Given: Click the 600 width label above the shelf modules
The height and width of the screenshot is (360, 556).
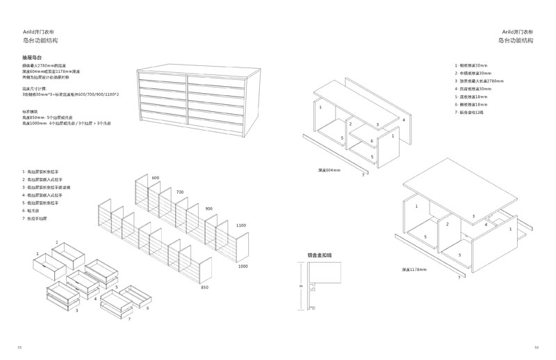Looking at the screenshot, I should click(155, 178).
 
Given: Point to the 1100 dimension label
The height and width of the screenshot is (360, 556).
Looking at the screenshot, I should click(241, 225).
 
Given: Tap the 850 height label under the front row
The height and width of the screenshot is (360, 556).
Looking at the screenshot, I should click(204, 286).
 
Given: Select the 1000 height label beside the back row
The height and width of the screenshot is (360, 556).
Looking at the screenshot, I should click(243, 267).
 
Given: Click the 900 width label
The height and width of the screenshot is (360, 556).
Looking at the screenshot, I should click(209, 207).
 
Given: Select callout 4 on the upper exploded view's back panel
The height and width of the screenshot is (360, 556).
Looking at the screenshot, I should click(403, 120).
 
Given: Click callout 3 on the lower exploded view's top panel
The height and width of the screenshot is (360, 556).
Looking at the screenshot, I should click(473, 217).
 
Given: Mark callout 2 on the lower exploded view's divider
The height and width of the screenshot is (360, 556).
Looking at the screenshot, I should click(448, 224).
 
